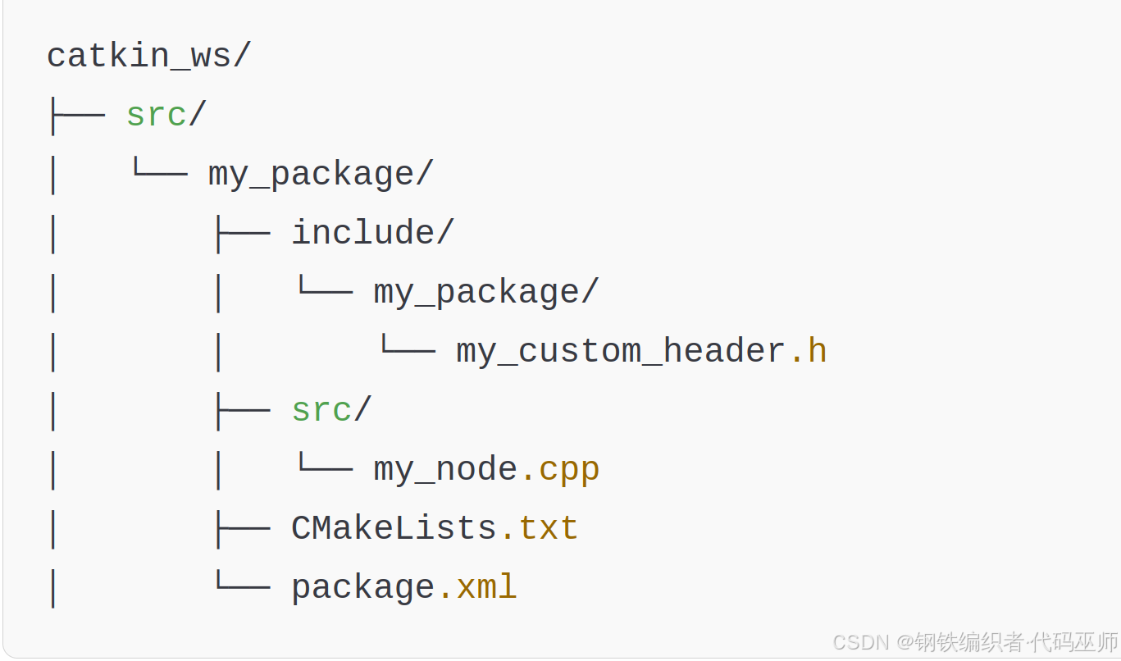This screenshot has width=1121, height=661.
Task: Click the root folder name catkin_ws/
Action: pyautogui.click(x=148, y=57)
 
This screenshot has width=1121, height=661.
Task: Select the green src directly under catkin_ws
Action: pyautogui.click(x=156, y=115)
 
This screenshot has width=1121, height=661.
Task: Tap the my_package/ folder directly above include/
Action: pyautogui.click(x=320, y=175)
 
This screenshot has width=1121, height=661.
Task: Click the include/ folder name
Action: pyautogui.click(x=371, y=233)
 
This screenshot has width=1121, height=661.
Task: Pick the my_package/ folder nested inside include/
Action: pyautogui.click(x=486, y=293)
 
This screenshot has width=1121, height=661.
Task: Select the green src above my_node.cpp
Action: pyautogui.click(x=321, y=410)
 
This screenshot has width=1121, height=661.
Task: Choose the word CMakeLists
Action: pyautogui.click(x=394, y=528)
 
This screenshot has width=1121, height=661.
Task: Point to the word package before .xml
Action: pyautogui.click(x=362, y=588)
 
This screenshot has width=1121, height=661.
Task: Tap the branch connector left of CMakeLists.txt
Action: pyautogui.click(x=241, y=528)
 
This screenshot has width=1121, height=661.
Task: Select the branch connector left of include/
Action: pyautogui.click(x=241, y=233)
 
